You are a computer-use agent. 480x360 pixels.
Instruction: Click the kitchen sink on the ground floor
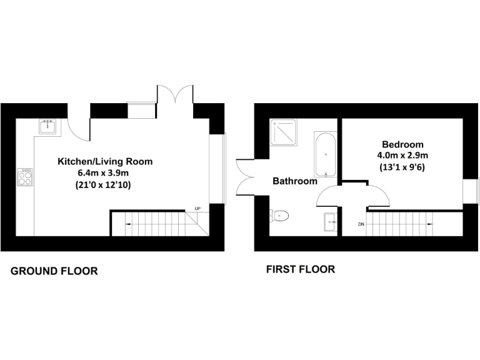tap(48, 126)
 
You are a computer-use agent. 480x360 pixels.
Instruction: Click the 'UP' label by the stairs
tap(197, 208)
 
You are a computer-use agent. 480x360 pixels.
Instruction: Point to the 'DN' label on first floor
tap(361, 224)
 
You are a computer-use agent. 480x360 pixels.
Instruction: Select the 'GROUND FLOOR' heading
tap(54, 271)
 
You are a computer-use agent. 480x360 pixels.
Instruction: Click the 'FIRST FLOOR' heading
tap(300, 269)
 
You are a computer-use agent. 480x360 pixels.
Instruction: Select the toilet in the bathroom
tap(281, 216)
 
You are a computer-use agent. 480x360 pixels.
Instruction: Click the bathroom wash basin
tap(331, 221)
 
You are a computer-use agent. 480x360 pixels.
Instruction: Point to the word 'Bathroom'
tap(294, 181)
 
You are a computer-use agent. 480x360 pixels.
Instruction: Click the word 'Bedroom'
tap(402, 144)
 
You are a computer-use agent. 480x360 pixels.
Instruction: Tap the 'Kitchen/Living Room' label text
tap(105, 161)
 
